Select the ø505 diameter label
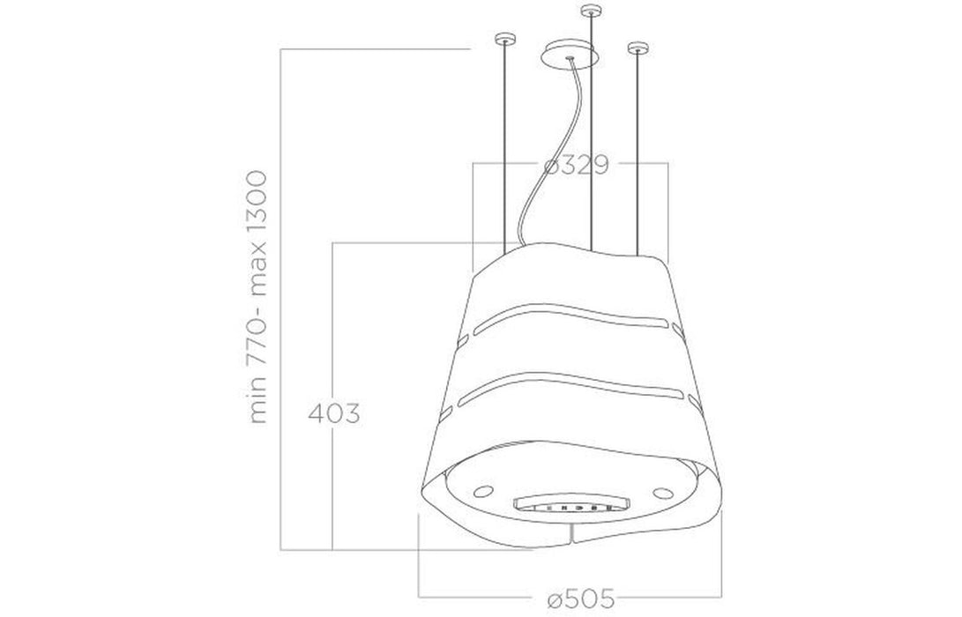tap(572, 598)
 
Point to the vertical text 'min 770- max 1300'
tap(257, 300)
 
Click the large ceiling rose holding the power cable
tap(570, 55)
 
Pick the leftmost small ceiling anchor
tap(504, 39)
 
